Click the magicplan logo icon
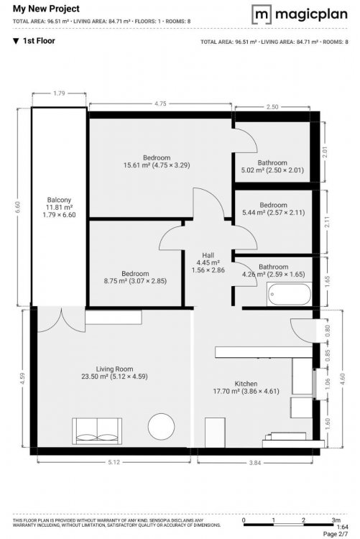[262, 14]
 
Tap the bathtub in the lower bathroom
[289, 294]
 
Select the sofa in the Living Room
[97, 431]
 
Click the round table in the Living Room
[161, 426]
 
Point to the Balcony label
[59, 207]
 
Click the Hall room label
[208, 262]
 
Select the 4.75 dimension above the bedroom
[160, 103]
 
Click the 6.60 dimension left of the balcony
[18, 207]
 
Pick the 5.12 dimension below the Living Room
[114, 462]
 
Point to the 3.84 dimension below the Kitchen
[255, 463]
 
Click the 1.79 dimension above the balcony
[59, 93]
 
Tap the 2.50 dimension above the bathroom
[272, 107]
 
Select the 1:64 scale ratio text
[342, 527]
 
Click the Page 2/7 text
[336, 534]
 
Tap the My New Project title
[46, 9]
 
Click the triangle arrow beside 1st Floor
[16, 41]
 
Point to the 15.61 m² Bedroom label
[157, 161]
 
